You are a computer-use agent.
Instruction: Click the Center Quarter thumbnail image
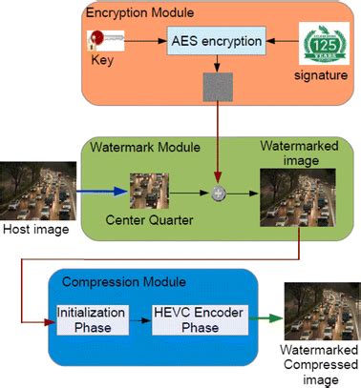point(147,191)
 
